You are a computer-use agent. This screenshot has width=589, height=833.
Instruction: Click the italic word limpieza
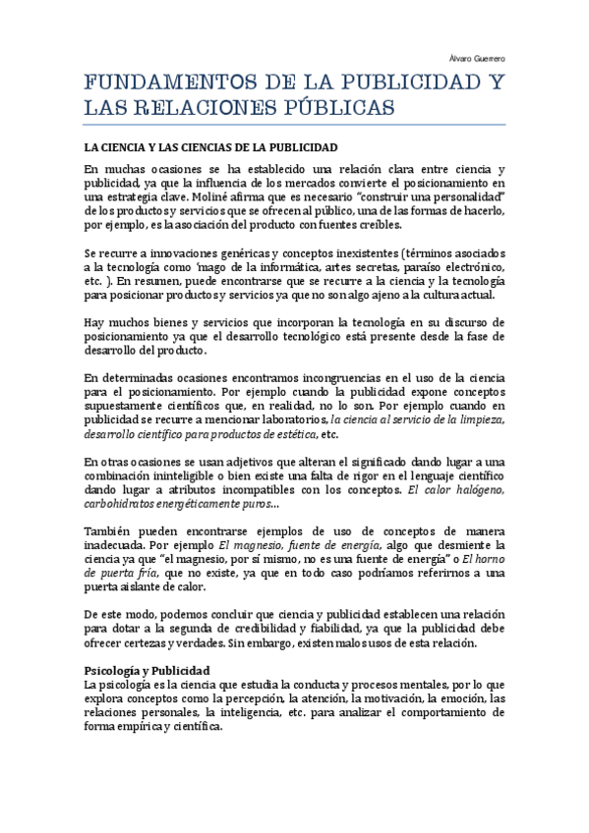click(x=479, y=419)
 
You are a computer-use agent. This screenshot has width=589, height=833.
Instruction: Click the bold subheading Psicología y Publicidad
click(x=147, y=670)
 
